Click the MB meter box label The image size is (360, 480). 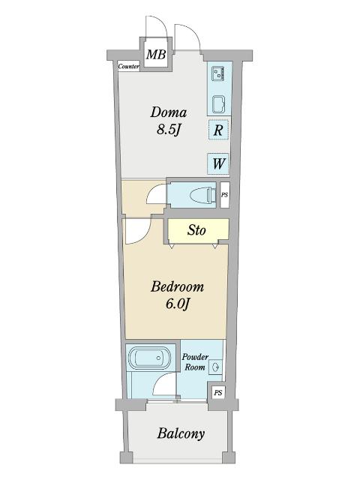pos(156,55)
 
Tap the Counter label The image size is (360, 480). pos(129,66)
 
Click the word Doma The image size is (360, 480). pos(168,112)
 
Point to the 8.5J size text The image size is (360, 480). pos(168,130)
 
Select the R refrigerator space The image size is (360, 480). pos(218,130)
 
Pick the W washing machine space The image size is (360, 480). pos(218,163)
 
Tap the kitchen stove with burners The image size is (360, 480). pos(218,73)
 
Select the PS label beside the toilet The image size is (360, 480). pos(225,195)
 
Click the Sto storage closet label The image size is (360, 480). pos(196,230)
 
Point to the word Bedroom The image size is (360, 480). pos(177,286)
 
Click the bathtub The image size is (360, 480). pos(149,358)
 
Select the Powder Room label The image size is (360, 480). pos(195,361)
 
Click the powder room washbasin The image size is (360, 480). pos(215,366)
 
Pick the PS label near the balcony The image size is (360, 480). pos(218,392)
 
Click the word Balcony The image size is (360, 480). pos(181,433)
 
